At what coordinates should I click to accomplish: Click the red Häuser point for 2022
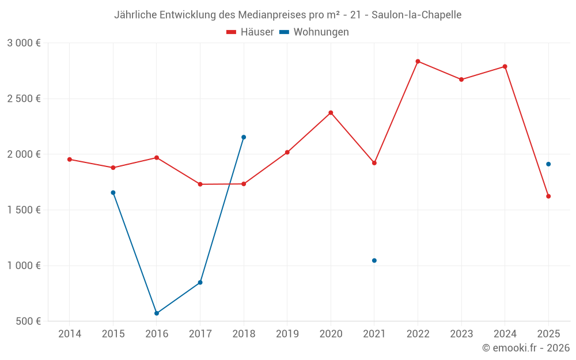coord(418,61)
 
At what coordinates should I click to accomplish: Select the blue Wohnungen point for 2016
coord(157,313)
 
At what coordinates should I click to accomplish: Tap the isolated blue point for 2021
coord(374,260)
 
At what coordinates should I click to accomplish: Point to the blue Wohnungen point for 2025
coord(548,164)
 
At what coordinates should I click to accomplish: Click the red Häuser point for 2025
coord(548,196)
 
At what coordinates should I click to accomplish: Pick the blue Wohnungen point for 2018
coord(244,137)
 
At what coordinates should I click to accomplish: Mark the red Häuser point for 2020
coord(331,112)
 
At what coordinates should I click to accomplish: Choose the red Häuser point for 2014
coord(70,159)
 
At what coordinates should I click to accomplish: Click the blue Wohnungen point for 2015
coord(113,192)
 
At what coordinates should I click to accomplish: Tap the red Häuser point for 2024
coord(505,66)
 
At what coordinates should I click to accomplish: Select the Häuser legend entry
coord(250,32)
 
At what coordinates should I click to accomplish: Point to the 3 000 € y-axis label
coord(24,43)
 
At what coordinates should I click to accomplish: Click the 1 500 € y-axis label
coord(24,210)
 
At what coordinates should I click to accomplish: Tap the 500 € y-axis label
coord(28,321)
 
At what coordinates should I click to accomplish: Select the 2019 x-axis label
coord(287,334)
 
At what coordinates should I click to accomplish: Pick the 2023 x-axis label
coord(461,334)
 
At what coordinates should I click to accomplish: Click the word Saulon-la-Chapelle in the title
coord(416,15)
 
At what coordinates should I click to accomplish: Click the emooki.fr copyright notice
coord(525,348)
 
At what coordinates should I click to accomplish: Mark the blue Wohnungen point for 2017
coord(200,282)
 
